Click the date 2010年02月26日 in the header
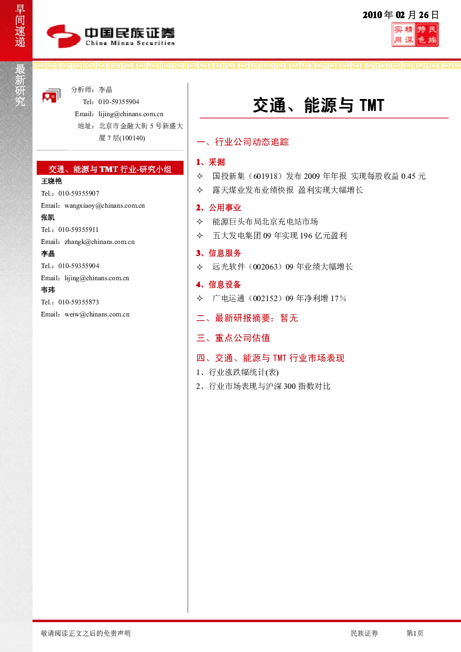point(401,15)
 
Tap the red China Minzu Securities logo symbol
point(64,36)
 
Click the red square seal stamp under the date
point(415,35)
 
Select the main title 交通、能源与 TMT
point(319,105)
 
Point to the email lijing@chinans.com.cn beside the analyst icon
point(131,114)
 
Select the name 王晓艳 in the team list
point(52,181)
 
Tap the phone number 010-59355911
point(79,230)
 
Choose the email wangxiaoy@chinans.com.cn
point(105,205)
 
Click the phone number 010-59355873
point(79,302)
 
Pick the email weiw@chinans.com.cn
point(97,314)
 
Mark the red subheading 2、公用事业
point(218,208)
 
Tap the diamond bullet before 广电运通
point(200,298)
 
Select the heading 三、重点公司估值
point(233,338)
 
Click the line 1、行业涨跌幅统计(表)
point(237,372)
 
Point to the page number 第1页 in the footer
point(415,633)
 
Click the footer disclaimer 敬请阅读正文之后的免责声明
point(86,633)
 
